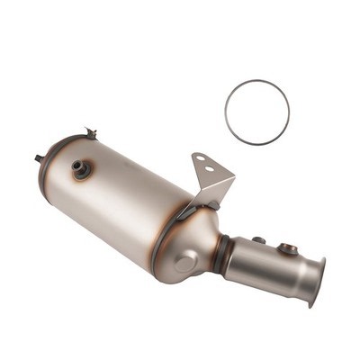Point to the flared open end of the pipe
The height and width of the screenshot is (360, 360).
coord(315,280)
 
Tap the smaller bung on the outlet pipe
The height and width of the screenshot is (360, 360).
coord(259,240)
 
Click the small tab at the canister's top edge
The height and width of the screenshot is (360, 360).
coord(90,133)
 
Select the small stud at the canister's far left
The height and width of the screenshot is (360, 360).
coord(40,158)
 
